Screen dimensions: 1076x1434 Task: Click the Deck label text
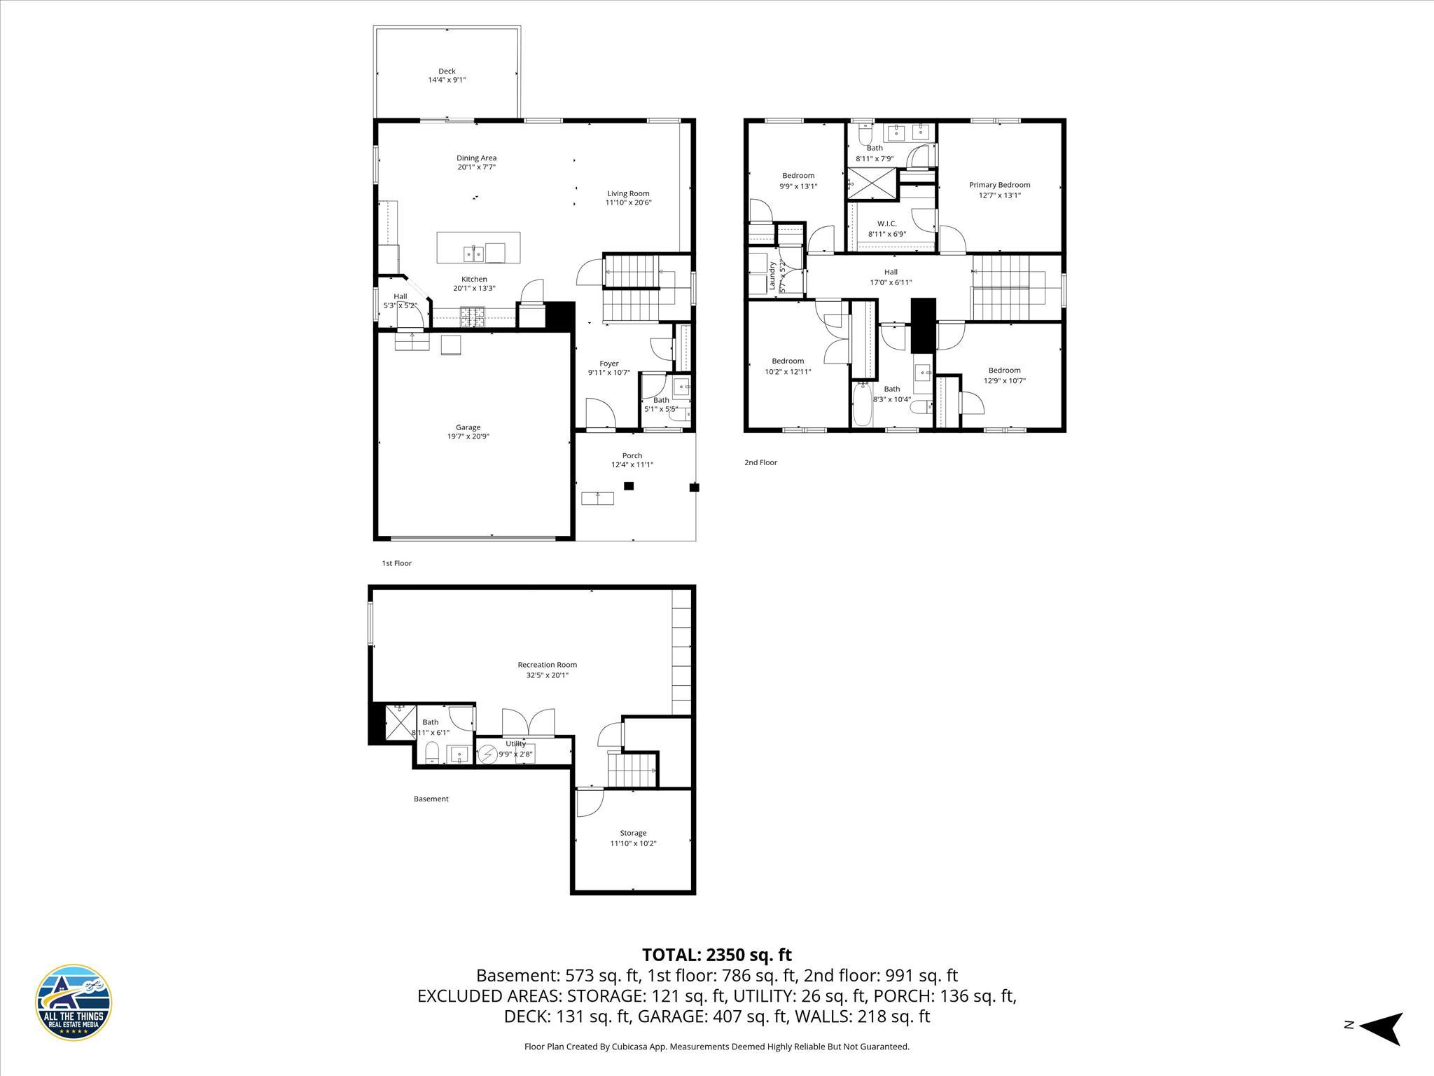coord(447,71)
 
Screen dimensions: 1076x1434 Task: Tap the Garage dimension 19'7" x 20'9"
coord(468,436)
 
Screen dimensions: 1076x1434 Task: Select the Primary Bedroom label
coord(999,185)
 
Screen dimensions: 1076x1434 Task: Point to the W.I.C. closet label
coord(886,223)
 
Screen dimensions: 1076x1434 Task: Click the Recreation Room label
coord(547,665)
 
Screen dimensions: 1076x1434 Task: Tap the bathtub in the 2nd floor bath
coord(862,406)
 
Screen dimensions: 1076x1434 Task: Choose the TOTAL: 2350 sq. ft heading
coord(716,955)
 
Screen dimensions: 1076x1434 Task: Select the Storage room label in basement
coord(632,833)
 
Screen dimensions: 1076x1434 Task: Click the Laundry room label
coord(773,276)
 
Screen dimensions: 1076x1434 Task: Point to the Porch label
coord(632,455)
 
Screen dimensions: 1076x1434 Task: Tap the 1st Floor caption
coord(396,563)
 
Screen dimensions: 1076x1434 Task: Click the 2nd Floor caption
coord(760,462)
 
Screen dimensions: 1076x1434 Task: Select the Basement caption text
coord(431,799)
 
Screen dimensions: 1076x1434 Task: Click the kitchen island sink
coord(474,252)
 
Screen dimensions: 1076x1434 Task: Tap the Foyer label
coord(608,364)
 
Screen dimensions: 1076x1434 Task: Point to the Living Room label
coord(628,193)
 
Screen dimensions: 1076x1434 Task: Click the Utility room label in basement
coord(515,744)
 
